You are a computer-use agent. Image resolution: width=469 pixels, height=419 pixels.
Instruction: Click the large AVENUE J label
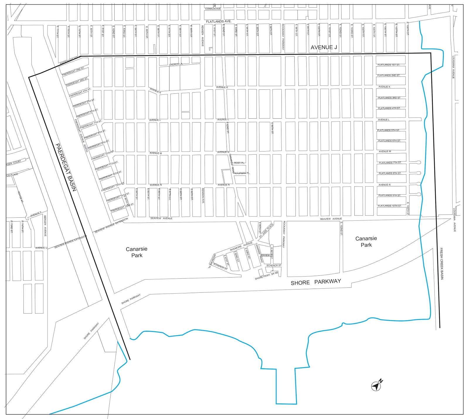[x=322, y=47]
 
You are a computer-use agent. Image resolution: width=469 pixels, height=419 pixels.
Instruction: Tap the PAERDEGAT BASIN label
[x=66, y=167]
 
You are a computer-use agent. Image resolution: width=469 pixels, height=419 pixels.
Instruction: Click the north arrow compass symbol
[x=376, y=386]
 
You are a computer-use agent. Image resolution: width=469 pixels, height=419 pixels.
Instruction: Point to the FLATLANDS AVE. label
[x=219, y=21]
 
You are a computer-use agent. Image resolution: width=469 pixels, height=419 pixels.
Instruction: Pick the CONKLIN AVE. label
[x=213, y=9]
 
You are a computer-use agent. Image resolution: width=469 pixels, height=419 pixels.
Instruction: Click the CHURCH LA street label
[x=176, y=64]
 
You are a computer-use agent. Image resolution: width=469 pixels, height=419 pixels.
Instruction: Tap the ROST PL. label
[x=239, y=163]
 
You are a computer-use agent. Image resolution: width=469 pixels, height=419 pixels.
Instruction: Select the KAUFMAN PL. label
[x=242, y=173]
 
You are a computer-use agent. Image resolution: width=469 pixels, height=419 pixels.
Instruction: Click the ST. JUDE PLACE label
[x=266, y=230]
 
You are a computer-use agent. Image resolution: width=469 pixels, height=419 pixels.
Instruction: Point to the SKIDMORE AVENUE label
[x=241, y=246]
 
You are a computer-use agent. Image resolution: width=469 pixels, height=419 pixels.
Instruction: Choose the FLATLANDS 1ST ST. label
[x=389, y=65]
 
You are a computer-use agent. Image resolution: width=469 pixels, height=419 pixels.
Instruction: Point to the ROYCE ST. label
[x=21, y=197]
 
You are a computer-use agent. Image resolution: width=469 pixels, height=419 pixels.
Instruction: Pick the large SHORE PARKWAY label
[x=316, y=282]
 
